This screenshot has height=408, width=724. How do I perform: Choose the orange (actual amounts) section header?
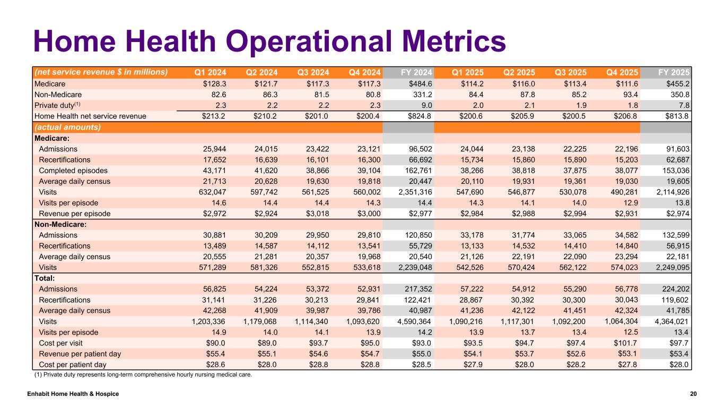[67, 127]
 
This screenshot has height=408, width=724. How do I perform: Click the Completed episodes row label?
[73, 171]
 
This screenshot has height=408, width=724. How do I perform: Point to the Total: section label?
[45, 278]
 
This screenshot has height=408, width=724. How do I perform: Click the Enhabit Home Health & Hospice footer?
[73, 394]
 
